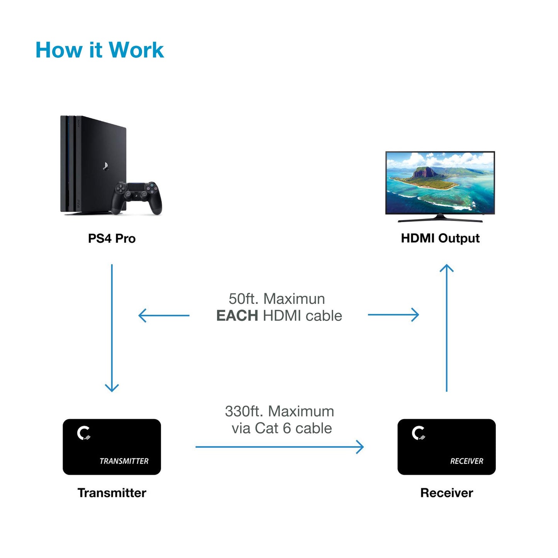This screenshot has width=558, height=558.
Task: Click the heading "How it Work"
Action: (x=100, y=50)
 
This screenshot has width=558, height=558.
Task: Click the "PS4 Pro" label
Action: (x=112, y=239)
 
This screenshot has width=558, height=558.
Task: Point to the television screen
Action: (x=440, y=182)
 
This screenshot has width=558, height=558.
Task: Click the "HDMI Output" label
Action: (x=440, y=238)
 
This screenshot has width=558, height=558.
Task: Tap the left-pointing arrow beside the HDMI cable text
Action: (x=164, y=315)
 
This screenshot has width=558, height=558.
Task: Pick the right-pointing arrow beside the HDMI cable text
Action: (x=393, y=315)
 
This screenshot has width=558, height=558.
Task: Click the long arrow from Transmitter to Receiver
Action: (x=279, y=447)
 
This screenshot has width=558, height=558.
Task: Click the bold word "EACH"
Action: (x=237, y=316)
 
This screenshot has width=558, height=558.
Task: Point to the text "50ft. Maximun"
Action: (x=277, y=299)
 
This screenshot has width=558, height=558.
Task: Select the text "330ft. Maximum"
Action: (x=279, y=411)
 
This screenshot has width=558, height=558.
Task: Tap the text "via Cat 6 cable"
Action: (x=282, y=428)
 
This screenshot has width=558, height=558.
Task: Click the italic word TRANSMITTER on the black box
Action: (x=124, y=461)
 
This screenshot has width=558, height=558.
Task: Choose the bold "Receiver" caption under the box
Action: (x=446, y=493)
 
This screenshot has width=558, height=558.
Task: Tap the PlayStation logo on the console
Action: (x=105, y=166)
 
